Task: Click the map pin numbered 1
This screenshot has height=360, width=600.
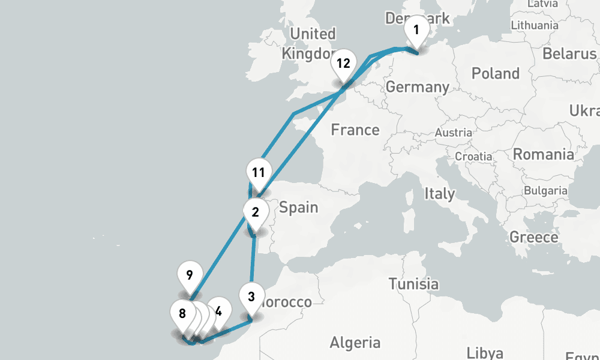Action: (416, 29)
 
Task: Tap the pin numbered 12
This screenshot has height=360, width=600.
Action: (343, 63)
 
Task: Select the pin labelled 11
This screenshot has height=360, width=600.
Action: (259, 173)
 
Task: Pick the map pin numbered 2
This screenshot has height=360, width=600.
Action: (256, 212)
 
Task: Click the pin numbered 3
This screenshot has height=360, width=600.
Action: (251, 296)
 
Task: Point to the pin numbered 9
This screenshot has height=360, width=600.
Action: (190, 276)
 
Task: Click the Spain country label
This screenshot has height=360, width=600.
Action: (298, 208)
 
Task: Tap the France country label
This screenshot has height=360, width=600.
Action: (355, 130)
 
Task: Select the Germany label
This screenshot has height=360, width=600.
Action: (417, 87)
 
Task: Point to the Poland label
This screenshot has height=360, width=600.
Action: (496, 74)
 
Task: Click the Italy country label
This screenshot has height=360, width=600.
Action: (439, 194)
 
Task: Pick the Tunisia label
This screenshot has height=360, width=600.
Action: (413, 283)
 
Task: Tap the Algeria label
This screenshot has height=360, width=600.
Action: (355, 343)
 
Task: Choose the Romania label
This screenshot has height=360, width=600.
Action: (543, 154)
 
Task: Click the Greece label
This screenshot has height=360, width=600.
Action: (533, 237)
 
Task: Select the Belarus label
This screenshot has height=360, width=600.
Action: (569, 54)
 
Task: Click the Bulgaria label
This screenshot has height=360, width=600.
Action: (545, 191)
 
